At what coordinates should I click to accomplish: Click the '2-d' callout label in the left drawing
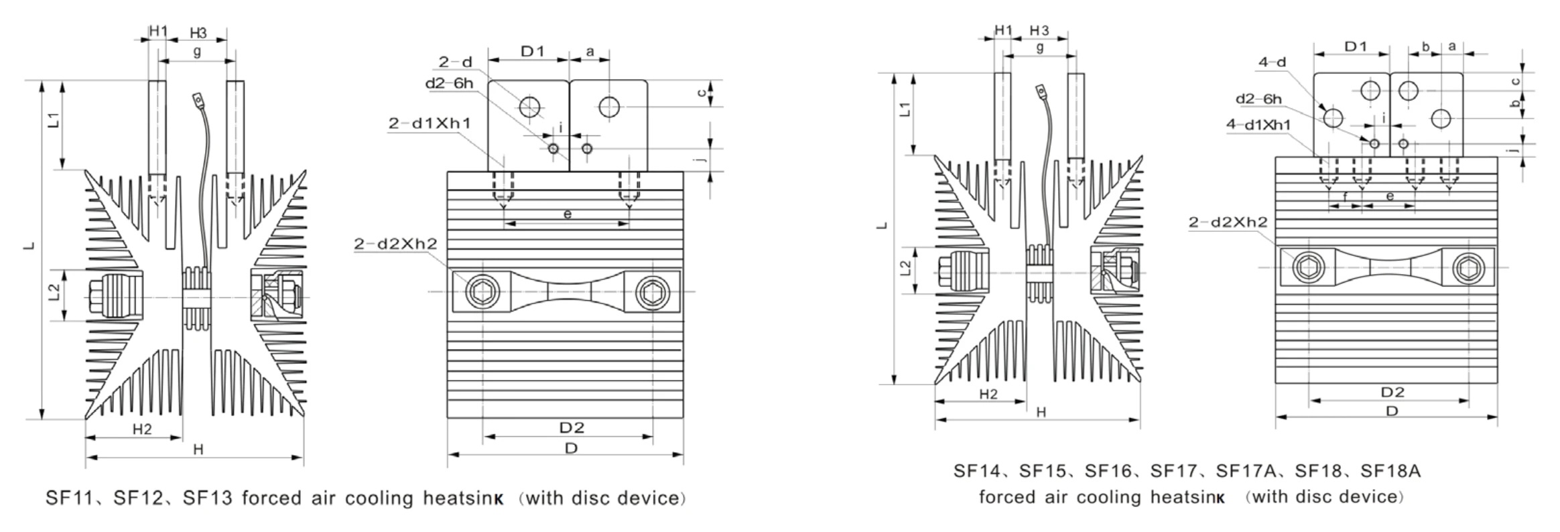click(455, 62)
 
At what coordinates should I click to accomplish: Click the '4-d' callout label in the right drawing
click(1273, 63)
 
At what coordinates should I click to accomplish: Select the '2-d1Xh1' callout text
click(429, 123)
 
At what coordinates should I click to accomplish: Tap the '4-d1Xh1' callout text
click(1258, 125)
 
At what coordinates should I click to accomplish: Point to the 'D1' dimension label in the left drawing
click(533, 51)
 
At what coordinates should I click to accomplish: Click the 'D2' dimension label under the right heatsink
click(1392, 392)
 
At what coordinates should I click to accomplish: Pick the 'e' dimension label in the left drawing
click(567, 214)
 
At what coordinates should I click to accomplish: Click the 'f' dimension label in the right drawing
click(1345, 197)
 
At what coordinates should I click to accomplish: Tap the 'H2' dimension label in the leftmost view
click(141, 429)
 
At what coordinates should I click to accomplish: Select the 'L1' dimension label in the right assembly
click(905, 109)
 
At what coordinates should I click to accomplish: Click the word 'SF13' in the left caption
click(207, 498)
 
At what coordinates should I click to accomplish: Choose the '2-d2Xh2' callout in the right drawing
click(1228, 222)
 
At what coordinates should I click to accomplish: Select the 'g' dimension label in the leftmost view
click(196, 52)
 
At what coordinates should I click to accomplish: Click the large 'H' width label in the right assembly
click(1041, 413)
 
